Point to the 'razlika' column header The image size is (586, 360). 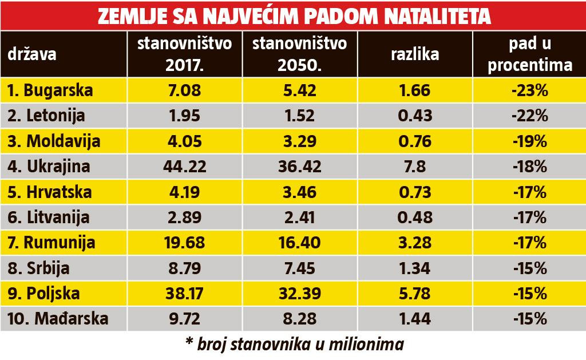tap(415, 56)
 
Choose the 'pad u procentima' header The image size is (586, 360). tap(528, 55)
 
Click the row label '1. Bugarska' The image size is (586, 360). tap(51, 90)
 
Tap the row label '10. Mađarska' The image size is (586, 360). tap(57, 318)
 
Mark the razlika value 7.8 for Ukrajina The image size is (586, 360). tap(415, 167)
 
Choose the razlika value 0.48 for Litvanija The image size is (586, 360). tap(415, 217)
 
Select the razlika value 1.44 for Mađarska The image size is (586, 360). tap(415, 318)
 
